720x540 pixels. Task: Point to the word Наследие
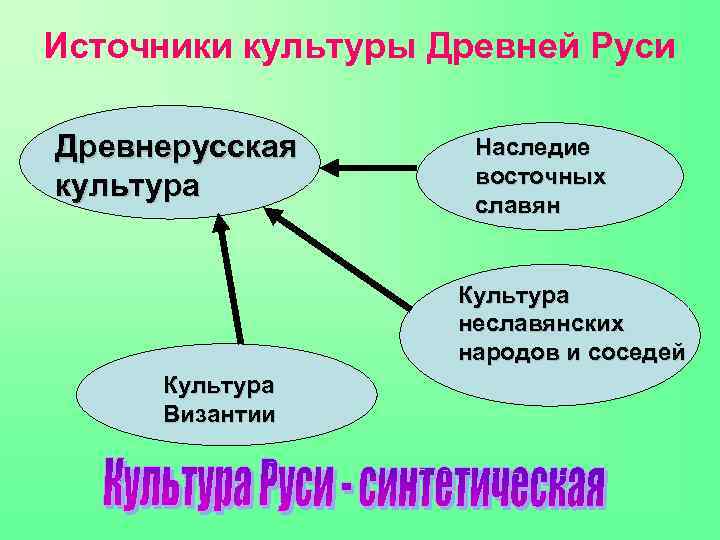[533, 147]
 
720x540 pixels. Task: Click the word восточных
[541, 176]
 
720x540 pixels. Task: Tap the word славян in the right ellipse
[518, 205]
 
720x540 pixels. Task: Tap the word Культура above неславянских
[514, 295]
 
